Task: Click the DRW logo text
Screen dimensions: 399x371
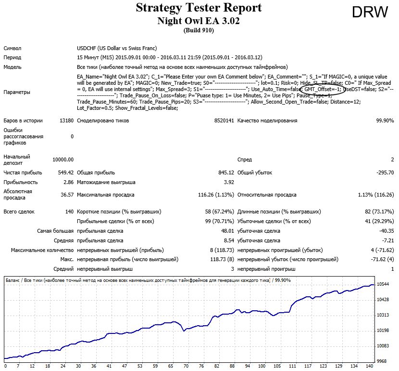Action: [370, 12]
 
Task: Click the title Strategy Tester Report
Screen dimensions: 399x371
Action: [199, 7]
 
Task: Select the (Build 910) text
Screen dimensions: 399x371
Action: [199, 30]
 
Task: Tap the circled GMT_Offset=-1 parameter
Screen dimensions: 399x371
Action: [322, 89]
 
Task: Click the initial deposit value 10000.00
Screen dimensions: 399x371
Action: [63, 159]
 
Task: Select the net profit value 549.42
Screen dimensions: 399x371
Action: [66, 172]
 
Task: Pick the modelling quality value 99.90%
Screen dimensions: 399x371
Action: [385, 120]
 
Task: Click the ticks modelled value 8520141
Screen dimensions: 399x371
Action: [224, 120]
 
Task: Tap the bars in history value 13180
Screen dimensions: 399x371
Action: [67, 120]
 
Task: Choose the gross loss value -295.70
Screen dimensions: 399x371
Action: [385, 172]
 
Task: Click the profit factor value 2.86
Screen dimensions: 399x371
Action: [68, 182]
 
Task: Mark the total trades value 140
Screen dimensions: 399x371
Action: [69, 212]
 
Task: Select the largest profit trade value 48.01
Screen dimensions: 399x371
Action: [227, 231]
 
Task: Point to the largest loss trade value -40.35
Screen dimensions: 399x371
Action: [387, 231]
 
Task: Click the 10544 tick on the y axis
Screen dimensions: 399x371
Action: [383, 284]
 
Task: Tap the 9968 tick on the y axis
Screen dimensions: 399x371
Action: [382, 361]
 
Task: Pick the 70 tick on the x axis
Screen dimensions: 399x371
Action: [186, 366]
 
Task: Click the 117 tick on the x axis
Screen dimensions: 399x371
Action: [308, 366]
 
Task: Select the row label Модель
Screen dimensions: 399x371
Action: [12, 67]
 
